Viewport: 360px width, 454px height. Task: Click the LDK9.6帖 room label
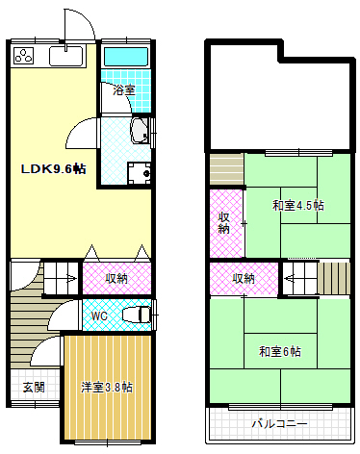click(54, 169)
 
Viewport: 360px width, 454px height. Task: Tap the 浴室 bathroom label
click(123, 90)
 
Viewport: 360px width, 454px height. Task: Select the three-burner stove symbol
click(23, 55)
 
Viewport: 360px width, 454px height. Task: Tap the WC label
click(99, 315)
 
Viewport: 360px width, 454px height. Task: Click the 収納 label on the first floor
click(116, 279)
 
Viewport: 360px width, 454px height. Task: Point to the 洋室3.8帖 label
click(106, 387)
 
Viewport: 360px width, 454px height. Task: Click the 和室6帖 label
click(279, 351)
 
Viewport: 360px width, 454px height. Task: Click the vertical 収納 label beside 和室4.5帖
click(223, 222)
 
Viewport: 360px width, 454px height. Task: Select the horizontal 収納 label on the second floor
click(244, 278)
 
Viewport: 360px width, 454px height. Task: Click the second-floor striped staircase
click(331, 279)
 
